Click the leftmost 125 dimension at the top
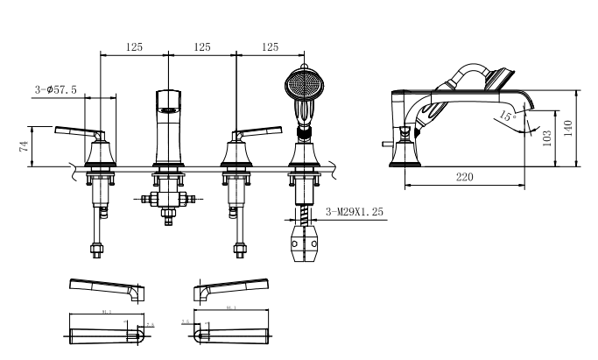coord(135,46)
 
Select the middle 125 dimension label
coord(202,46)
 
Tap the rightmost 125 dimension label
coord(270,46)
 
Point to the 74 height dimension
coord(23,145)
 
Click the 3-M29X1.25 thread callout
coord(355,211)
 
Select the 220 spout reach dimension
coord(464,178)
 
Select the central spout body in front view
coord(168,127)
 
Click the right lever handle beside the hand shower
coord(257,133)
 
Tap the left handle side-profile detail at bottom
coord(105,288)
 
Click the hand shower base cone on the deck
coord(304,158)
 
